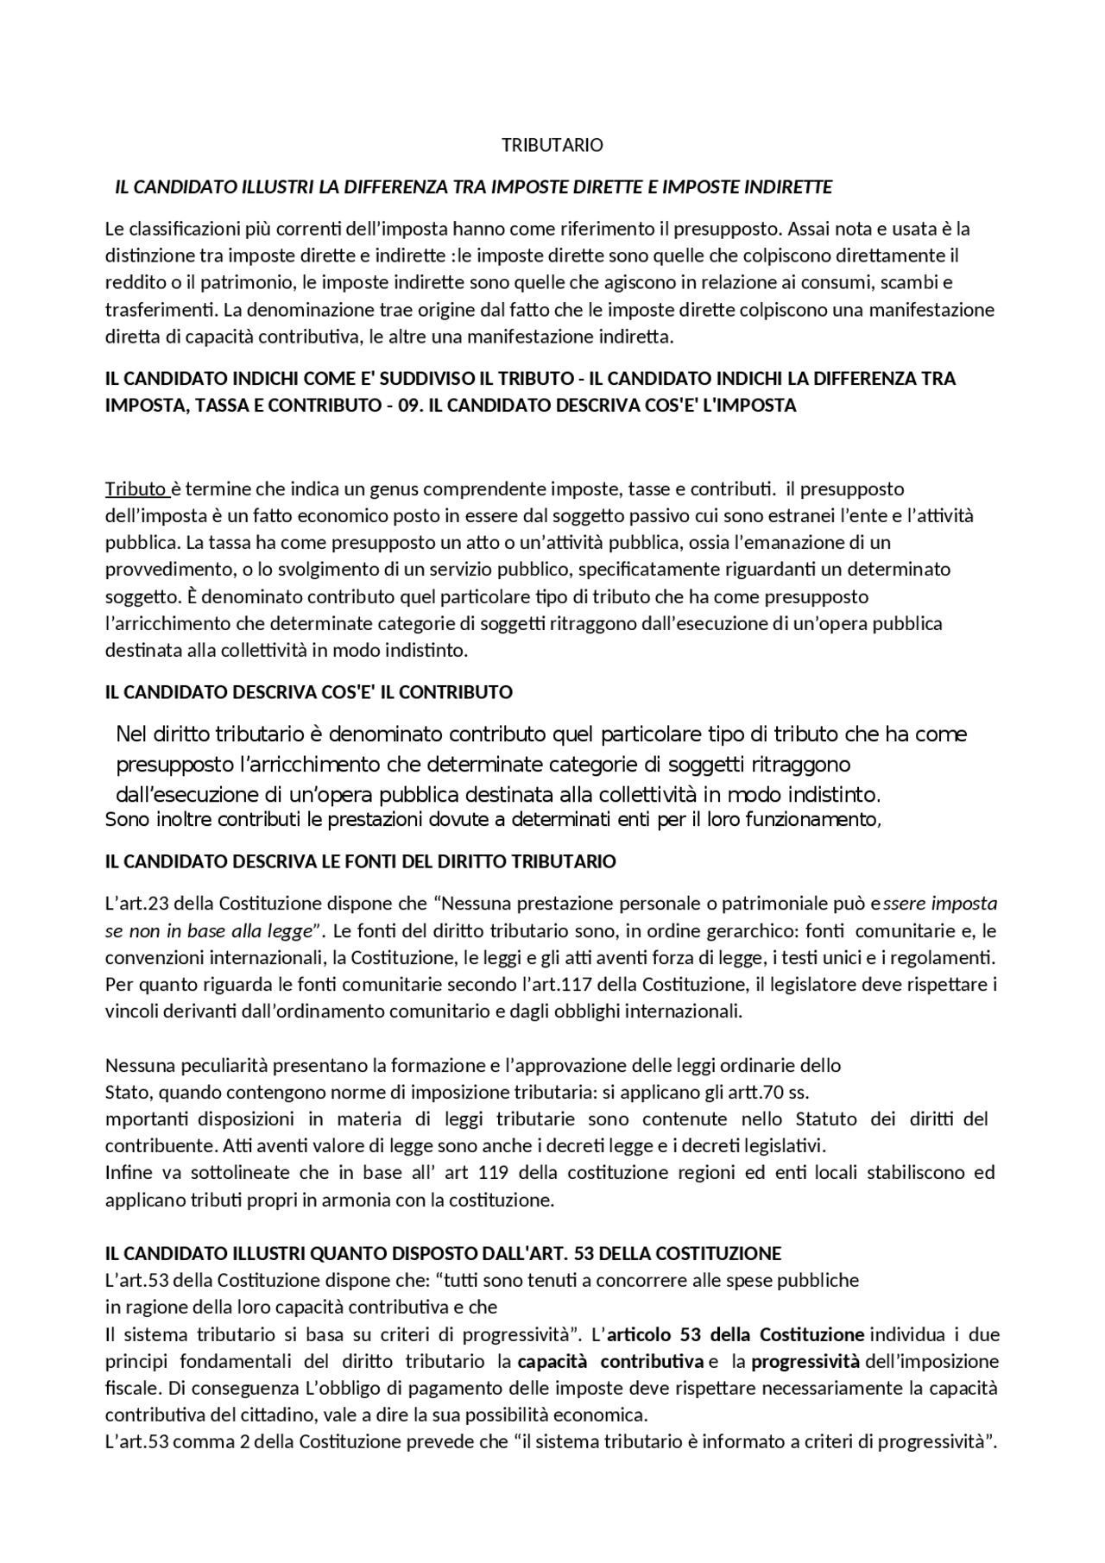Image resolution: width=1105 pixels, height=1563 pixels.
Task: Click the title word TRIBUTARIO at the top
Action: [x=552, y=145]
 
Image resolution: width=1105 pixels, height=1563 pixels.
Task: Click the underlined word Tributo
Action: [x=136, y=489]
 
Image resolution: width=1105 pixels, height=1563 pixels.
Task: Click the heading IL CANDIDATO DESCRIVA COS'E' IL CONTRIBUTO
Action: [x=308, y=692]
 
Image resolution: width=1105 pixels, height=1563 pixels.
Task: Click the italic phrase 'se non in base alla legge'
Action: [x=208, y=931]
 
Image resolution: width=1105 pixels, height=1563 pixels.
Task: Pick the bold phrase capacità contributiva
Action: [x=610, y=1362]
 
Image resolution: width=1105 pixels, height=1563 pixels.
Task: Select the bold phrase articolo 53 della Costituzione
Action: [x=736, y=1335]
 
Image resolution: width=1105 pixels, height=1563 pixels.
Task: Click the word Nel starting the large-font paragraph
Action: [x=132, y=734]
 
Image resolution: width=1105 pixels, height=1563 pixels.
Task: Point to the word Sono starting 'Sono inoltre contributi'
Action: [x=127, y=820]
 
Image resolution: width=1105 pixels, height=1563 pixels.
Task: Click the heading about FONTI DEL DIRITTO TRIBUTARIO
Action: [x=360, y=861]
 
